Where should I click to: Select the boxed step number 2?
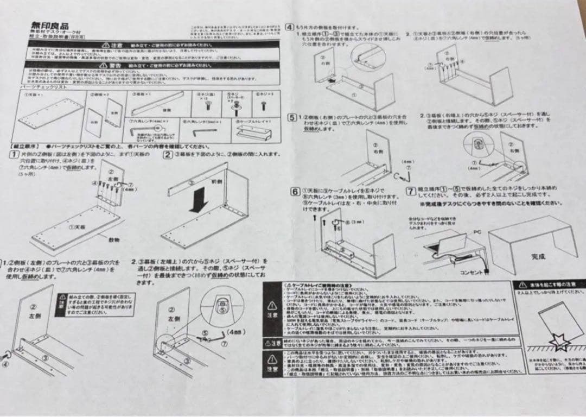(x=168, y=154)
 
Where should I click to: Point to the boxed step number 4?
(x=291, y=26)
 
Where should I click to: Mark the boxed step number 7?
(x=411, y=191)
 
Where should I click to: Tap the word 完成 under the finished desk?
(x=539, y=255)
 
